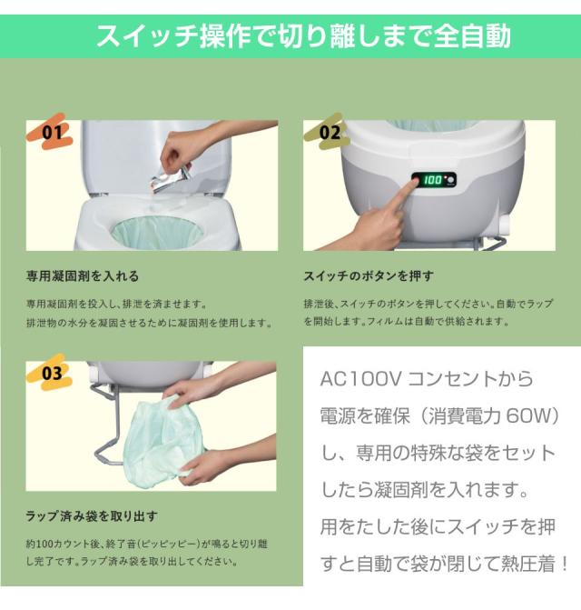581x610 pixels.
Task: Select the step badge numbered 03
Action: pos(51,373)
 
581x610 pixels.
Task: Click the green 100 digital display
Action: pos(432,180)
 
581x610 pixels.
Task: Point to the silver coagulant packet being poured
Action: pos(172,179)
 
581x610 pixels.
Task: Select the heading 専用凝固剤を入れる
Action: pos(83,276)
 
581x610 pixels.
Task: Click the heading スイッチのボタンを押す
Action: pos(369,275)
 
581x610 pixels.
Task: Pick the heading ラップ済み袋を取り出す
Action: pos(92,515)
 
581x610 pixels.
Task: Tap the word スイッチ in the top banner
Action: pos(147,36)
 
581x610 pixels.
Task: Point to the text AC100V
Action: pos(360,378)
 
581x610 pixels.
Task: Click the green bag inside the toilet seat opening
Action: pos(157,234)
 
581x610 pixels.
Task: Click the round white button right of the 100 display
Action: pos(450,180)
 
